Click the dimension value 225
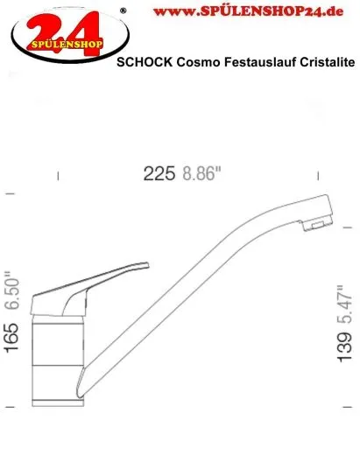(160, 173)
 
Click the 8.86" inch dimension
(202, 173)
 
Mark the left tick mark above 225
(60, 175)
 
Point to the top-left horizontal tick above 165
(11, 192)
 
